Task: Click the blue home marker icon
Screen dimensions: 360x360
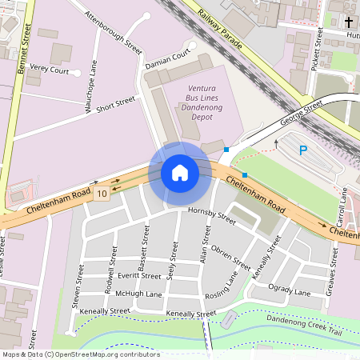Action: click(180, 172)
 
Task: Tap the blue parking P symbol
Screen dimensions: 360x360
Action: click(302, 150)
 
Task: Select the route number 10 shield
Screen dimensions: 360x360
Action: click(101, 194)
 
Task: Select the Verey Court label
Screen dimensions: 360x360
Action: click(50, 70)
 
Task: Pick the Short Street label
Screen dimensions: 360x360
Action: click(115, 104)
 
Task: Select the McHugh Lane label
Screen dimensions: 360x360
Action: click(138, 294)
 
